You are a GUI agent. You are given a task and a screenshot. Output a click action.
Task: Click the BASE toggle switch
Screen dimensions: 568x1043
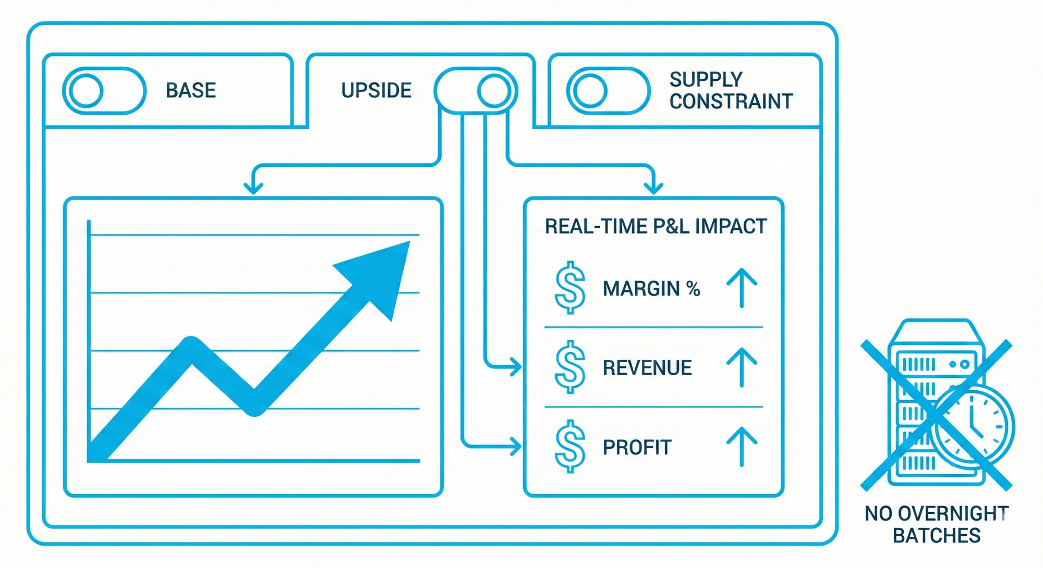(104, 91)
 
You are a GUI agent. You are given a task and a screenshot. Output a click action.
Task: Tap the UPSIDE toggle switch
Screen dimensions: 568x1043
(476, 91)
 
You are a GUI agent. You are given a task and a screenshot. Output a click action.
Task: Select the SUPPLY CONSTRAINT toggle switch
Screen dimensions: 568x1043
(608, 91)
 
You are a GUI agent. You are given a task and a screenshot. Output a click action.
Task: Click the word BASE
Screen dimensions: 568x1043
(191, 91)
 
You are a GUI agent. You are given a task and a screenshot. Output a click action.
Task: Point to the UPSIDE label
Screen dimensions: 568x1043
(376, 91)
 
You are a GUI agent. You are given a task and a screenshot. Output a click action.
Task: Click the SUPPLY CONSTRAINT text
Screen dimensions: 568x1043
(731, 91)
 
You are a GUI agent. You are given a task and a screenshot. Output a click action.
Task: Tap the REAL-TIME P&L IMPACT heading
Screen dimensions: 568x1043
(656, 227)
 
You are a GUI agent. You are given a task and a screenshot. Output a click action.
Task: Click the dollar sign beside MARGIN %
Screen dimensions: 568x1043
(570, 288)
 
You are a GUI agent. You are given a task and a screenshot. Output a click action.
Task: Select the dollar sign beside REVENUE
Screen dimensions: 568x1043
(570, 367)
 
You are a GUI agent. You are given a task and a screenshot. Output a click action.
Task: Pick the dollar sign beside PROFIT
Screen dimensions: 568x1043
(570, 447)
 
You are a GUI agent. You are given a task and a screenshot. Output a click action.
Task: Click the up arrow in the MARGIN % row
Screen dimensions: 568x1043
(742, 288)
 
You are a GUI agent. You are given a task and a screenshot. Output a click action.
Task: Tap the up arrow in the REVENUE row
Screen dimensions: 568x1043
(742, 367)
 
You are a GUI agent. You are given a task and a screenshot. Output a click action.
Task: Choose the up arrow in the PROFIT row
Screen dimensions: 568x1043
(742, 447)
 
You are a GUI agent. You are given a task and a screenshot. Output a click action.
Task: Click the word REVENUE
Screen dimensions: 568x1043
(647, 368)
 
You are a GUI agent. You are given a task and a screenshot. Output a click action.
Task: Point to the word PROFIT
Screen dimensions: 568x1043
(637, 448)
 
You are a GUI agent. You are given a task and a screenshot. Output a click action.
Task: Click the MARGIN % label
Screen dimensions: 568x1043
(651, 289)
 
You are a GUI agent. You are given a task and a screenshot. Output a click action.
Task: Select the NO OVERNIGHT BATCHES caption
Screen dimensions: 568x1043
(937, 524)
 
